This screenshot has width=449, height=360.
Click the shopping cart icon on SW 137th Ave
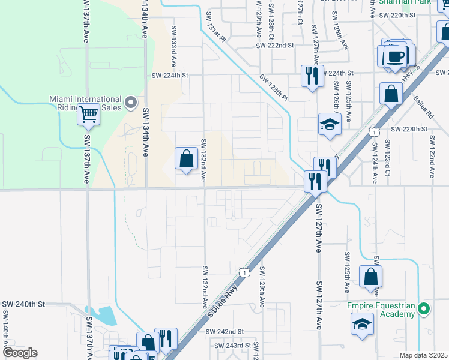click(x=88, y=114)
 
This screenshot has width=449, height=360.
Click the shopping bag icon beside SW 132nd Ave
click(x=187, y=159)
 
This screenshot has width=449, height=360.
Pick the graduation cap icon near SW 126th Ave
click(x=330, y=124)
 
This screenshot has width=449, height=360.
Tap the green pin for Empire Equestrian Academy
click(x=424, y=310)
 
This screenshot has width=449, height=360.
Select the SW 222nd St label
click(x=274, y=46)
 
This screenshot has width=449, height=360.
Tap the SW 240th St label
click(x=24, y=304)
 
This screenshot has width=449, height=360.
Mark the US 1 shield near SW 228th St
click(x=375, y=131)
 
